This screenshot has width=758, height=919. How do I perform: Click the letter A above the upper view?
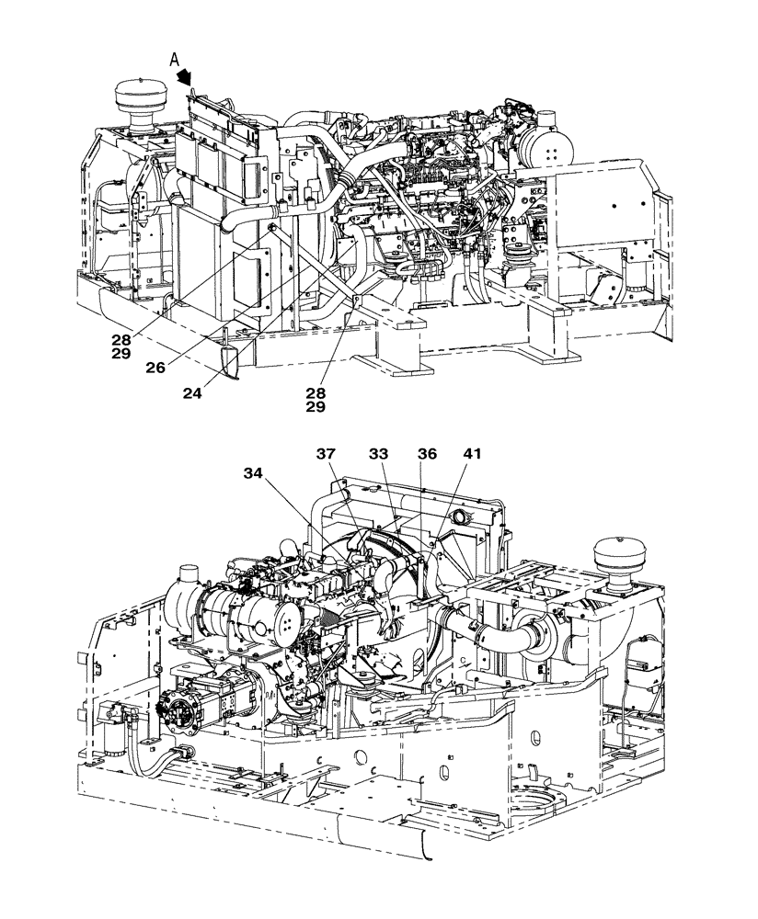173,60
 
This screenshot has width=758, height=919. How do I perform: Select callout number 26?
155,367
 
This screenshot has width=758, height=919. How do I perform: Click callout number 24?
192,393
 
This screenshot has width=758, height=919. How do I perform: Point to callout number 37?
327,454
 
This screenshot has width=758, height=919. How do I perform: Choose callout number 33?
380,454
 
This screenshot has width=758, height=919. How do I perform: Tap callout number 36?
427,454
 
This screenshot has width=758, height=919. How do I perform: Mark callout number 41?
472,454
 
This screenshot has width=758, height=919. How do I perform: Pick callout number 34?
255,473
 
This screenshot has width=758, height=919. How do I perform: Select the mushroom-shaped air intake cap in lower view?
622,557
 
